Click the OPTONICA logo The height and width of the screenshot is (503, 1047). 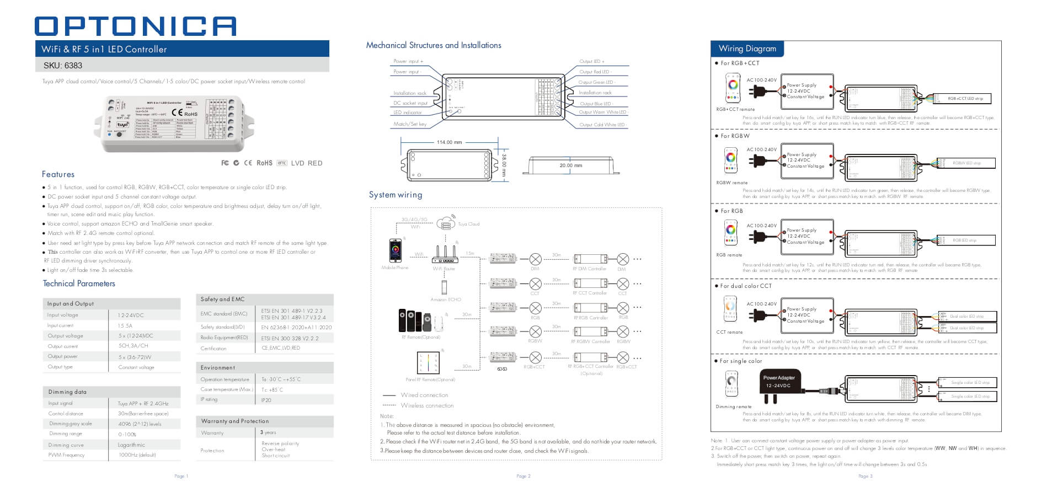tap(135, 26)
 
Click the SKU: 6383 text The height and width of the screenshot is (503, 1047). tap(63, 66)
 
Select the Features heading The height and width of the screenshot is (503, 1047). tap(58, 174)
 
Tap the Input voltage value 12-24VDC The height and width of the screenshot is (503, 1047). tap(131, 315)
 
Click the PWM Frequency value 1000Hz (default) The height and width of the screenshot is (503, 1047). tap(137, 455)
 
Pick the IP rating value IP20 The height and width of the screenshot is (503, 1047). tap(266, 400)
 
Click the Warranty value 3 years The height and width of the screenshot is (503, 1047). tap(268, 432)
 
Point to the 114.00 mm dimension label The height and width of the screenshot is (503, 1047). tap(449, 142)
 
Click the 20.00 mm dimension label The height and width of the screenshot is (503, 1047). tap(570, 165)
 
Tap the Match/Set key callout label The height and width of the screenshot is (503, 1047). tap(410, 124)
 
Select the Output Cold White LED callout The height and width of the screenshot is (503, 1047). tap(602, 125)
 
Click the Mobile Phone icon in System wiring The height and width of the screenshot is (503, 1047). tap(395, 250)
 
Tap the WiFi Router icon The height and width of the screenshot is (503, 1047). tap(445, 255)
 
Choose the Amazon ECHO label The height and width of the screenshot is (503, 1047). tap(446, 299)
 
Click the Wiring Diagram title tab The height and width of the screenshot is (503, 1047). tap(747, 49)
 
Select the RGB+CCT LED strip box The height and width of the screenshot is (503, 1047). tap(965, 99)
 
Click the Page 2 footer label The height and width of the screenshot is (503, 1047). tap(523, 476)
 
